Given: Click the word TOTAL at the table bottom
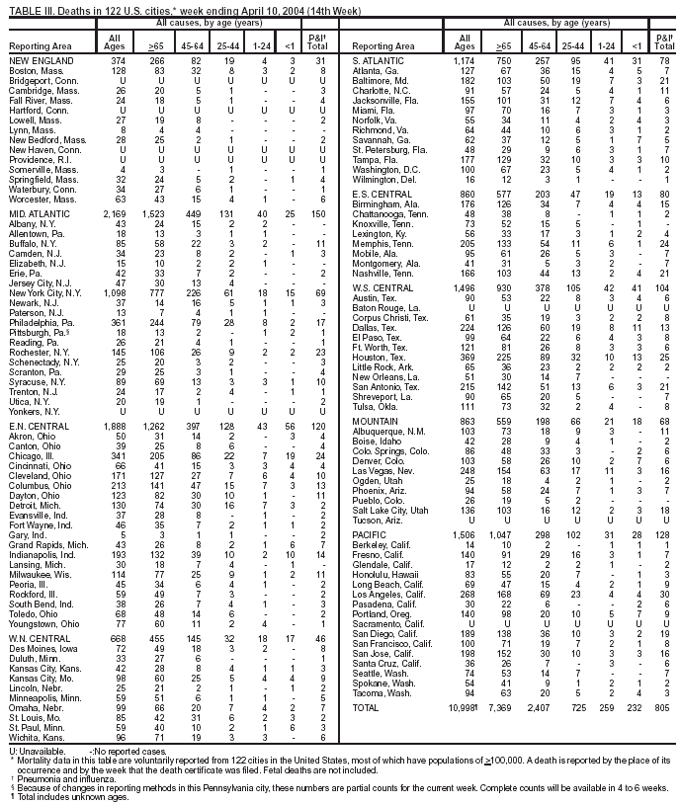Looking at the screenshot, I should pos(367,682).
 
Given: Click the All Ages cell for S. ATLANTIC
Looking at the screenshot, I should pos(465,61).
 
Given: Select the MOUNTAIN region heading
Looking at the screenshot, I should pos(375,421).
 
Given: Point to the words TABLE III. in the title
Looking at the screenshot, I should pos(24,7).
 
